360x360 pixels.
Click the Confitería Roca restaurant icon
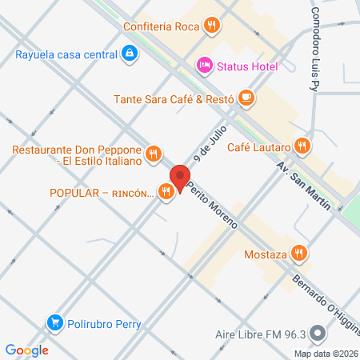tap(211, 26)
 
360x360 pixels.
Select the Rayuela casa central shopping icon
tap(130, 54)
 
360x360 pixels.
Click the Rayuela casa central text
tap(66, 54)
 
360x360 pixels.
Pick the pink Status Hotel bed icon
tap(204, 65)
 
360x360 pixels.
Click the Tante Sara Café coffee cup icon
tap(246, 99)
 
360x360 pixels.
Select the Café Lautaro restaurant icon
tap(302, 146)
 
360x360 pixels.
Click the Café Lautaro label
tap(258, 146)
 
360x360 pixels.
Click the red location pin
tap(180, 177)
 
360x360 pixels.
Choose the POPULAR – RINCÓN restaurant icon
tap(166, 192)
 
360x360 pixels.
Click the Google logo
tap(26, 349)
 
